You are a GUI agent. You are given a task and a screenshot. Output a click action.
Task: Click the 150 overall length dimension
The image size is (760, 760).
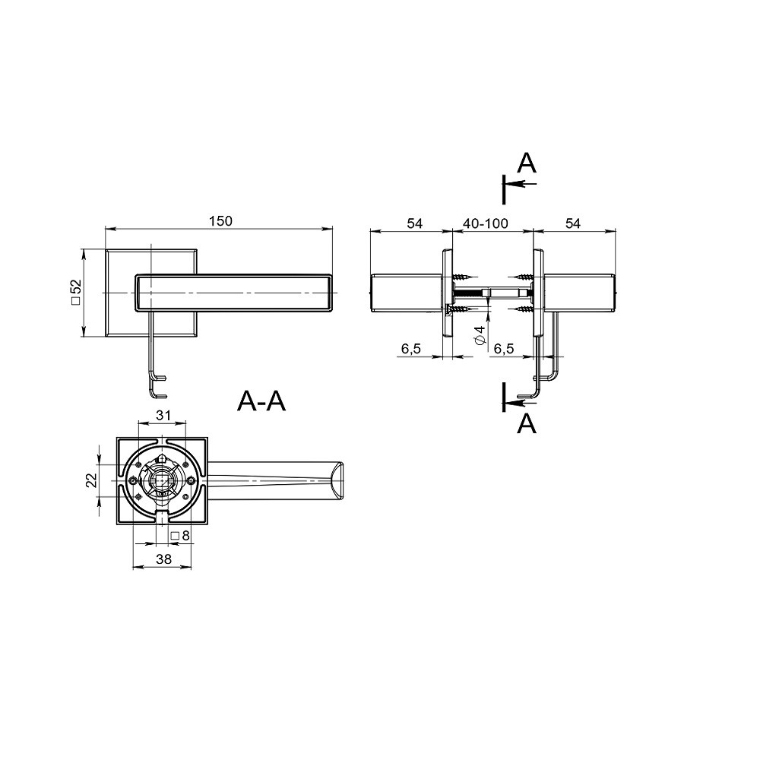220,221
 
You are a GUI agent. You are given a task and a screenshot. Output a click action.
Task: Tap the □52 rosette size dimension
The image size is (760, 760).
76,291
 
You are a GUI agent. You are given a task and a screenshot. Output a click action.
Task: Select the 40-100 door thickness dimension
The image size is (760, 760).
485,223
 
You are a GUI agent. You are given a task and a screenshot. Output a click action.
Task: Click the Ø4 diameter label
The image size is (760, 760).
479,335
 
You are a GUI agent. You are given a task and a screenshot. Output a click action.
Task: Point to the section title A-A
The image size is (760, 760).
261,401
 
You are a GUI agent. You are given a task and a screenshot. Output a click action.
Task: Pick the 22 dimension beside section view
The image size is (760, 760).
91,480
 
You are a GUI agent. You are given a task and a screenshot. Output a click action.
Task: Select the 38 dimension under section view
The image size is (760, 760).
163,559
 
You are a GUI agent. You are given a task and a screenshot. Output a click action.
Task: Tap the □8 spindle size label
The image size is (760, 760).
180,536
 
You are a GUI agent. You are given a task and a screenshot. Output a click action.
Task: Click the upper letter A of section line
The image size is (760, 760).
527,163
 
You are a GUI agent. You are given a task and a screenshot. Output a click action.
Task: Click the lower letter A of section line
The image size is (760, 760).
527,424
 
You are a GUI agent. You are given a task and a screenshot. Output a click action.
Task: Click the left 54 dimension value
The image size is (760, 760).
413,223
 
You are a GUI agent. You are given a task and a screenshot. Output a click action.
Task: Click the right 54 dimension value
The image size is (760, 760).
573,223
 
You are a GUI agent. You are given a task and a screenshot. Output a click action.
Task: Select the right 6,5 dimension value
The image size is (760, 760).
504,348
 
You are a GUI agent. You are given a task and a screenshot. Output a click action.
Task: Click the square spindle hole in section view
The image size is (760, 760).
163,480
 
